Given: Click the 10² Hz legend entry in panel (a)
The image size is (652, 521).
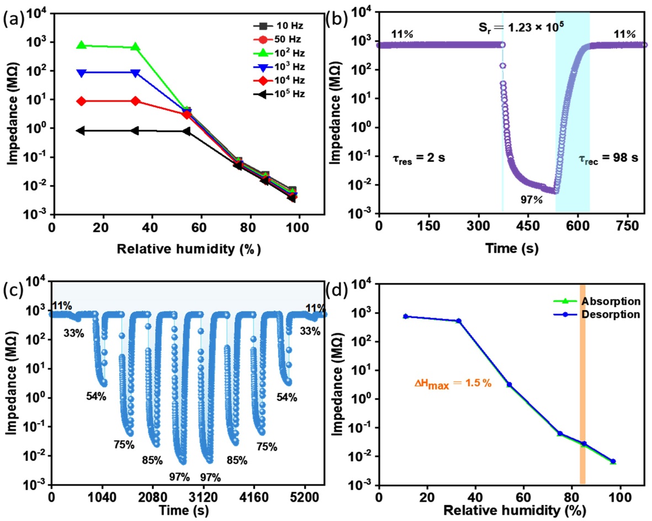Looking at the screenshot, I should [x=276, y=53].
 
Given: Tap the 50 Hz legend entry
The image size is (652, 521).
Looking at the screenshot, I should [x=276, y=39].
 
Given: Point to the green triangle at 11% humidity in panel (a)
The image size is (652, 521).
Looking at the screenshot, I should [x=81, y=45].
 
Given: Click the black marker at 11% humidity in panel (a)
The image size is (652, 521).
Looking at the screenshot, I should [x=81, y=130].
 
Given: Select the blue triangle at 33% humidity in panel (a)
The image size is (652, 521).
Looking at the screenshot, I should [x=135, y=73].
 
